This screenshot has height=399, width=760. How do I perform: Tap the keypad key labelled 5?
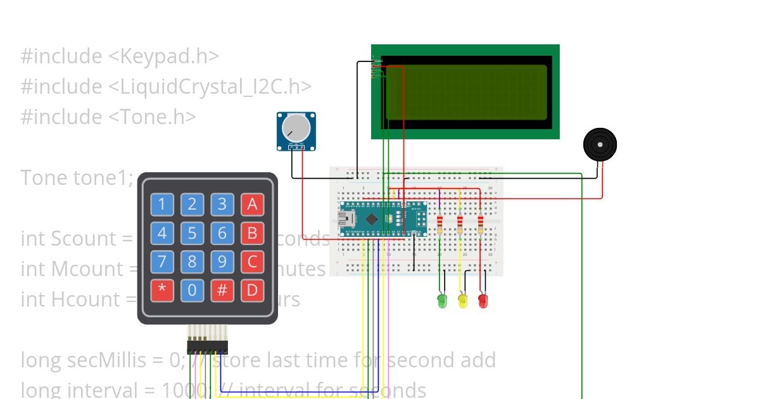point(192,234)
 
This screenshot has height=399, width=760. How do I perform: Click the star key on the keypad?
point(162,291)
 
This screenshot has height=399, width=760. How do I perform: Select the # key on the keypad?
point(222,291)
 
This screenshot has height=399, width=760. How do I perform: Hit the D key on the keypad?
point(252,291)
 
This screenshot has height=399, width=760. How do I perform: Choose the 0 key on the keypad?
point(192,291)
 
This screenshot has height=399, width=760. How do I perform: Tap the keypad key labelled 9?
point(222,262)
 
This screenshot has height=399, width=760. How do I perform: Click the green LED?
point(442,300)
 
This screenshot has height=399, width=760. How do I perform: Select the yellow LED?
point(462,300)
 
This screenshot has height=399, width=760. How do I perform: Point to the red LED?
point(483,300)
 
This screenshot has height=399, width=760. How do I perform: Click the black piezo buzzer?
point(599,144)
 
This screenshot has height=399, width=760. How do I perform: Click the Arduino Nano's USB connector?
point(346,219)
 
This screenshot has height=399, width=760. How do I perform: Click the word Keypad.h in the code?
point(164,56)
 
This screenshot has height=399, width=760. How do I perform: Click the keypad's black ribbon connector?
point(208,346)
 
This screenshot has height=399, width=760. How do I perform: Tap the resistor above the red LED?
point(480,224)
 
